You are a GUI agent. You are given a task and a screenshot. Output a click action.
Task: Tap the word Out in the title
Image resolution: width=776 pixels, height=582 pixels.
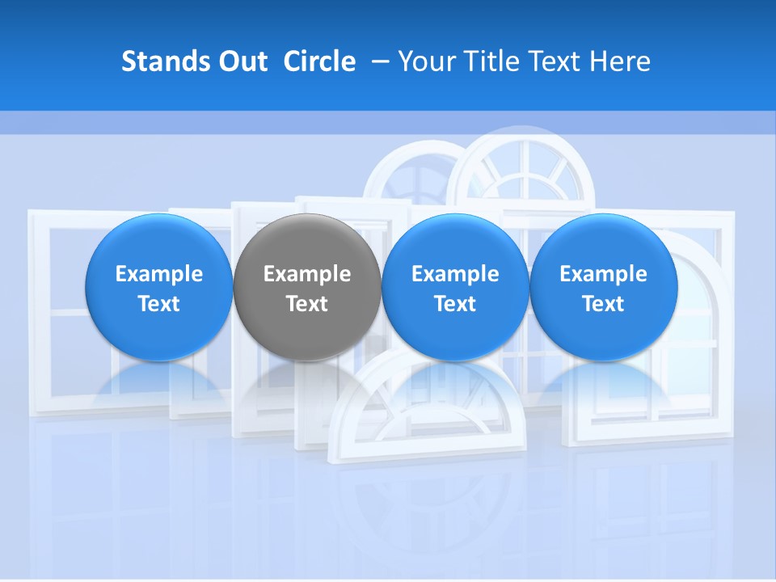tap(242, 61)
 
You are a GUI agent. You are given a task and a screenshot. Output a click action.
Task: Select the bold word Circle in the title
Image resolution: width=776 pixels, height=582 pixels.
tap(319, 61)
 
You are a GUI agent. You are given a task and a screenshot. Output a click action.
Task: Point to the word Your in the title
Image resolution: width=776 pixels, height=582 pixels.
tap(425, 61)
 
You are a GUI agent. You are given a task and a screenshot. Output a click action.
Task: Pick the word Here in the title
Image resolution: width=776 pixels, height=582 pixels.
tap(621, 61)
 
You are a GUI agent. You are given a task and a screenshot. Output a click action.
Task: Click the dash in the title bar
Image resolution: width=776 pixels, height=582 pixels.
tap(377, 62)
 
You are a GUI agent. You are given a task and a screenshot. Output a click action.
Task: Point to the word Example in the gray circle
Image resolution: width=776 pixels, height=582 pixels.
tap(307, 274)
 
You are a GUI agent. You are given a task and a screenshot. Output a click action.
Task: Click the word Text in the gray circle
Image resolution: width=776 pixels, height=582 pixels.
tap(307, 304)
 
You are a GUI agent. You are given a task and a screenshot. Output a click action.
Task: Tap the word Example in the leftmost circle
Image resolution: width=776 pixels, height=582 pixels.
tap(159, 274)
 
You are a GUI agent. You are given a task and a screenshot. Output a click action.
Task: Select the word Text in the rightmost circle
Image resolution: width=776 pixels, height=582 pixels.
tap(603, 304)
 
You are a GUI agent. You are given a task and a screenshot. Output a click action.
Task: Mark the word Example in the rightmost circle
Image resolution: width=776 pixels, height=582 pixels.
tap(603, 274)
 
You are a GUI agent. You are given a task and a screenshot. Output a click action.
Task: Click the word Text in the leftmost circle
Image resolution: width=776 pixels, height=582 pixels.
tap(159, 304)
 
